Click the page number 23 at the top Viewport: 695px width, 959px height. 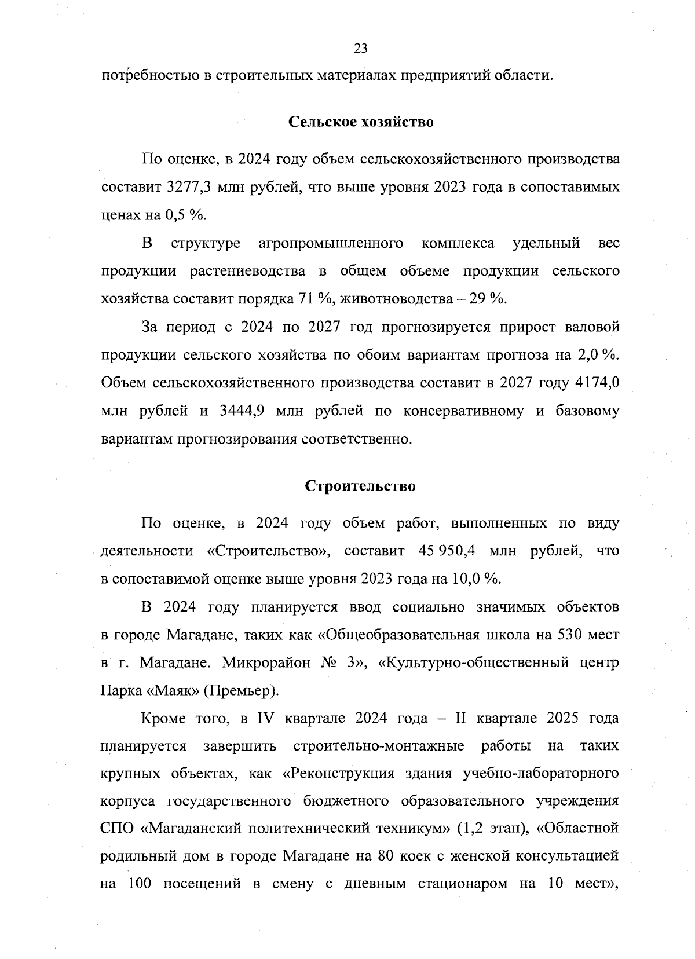(x=360, y=49)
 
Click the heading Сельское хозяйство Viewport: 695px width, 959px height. (x=360, y=123)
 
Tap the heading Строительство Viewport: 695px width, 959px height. (x=360, y=486)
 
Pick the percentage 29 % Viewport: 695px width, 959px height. (x=488, y=299)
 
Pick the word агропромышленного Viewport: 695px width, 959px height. (x=331, y=243)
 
